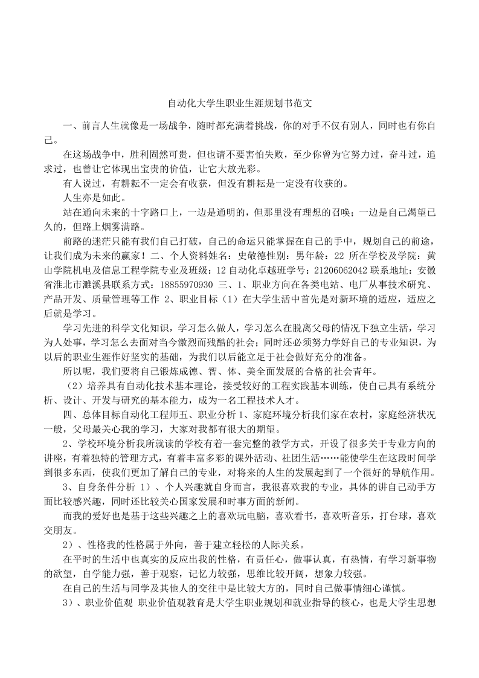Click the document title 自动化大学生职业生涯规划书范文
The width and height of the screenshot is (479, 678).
click(x=239, y=104)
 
